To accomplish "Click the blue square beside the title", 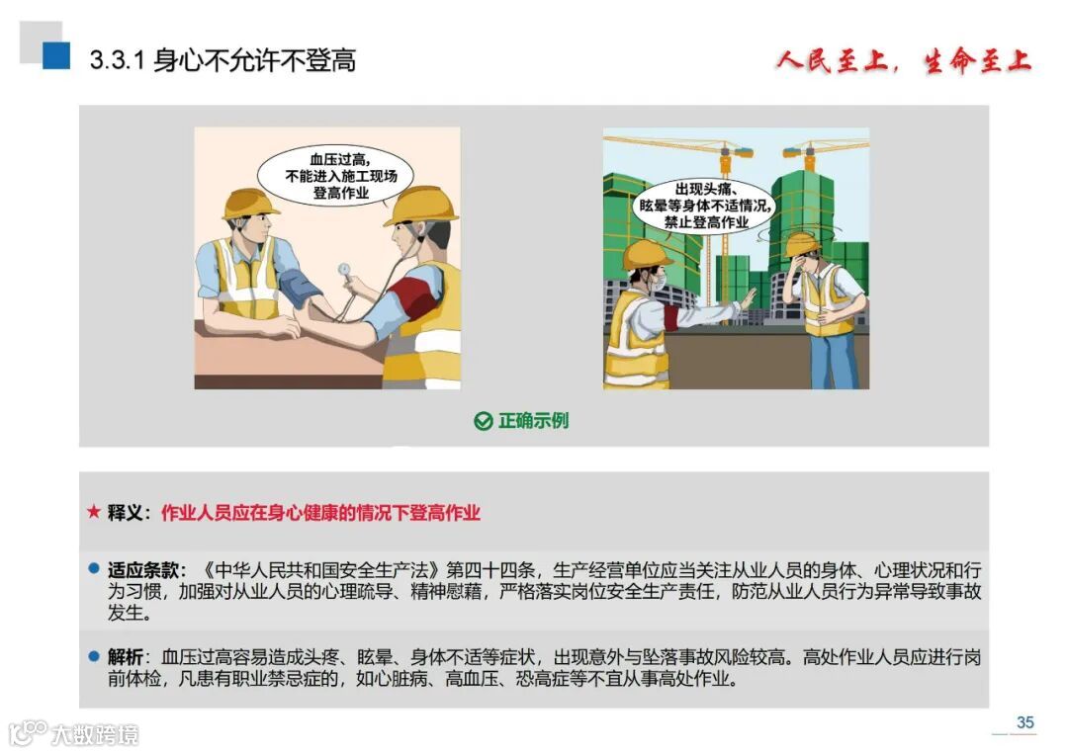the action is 55,55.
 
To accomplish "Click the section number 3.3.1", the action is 117,60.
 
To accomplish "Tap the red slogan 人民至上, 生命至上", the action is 904,61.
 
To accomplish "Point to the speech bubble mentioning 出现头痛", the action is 704,206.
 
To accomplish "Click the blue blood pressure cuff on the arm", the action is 299,288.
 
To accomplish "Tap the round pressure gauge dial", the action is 345,270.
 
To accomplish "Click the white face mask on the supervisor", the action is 658,282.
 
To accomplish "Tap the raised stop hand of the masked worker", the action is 748,299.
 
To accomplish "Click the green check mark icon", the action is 483,421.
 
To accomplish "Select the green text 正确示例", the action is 533,421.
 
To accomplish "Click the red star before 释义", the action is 94,511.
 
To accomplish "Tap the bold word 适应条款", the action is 142,569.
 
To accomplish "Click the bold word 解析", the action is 126,657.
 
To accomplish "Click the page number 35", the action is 1024,722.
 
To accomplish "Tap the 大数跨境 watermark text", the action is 95,735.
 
